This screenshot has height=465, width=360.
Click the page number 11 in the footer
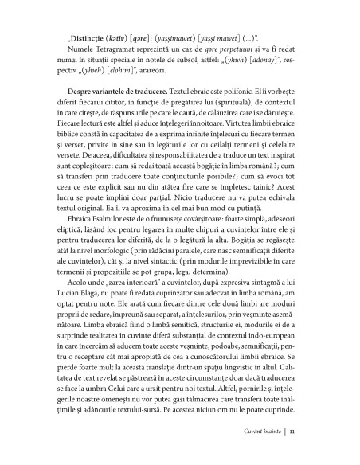click(293, 453)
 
